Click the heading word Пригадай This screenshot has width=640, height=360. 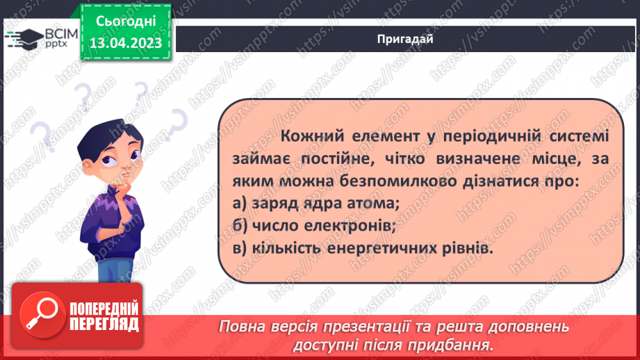[x=406, y=39]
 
